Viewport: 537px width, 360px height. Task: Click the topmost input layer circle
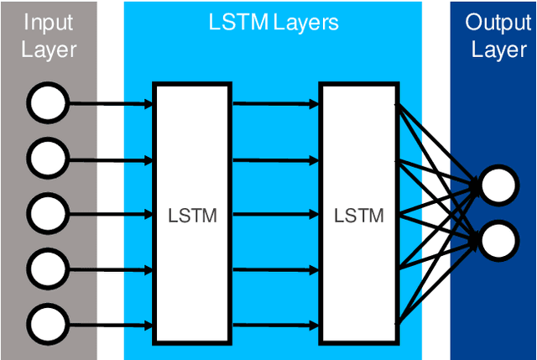tap(47, 104)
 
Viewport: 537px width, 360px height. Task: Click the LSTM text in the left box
tap(192, 216)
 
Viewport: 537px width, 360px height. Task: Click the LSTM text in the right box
tap(358, 216)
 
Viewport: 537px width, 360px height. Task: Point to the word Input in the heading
tap(48, 22)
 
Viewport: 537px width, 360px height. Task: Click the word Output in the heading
tap(498, 22)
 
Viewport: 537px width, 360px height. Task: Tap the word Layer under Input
tap(48, 50)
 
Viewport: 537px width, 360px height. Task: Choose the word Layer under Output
tap(498, 50)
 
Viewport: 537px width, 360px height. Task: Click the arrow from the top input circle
tap(109, 104)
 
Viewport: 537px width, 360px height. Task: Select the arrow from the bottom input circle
tap(109, 323)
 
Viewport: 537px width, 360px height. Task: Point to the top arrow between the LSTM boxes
tap(274, 104)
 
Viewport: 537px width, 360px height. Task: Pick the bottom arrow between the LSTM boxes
tap(274, 323)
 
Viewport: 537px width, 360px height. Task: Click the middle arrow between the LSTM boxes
tap(274, 214)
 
